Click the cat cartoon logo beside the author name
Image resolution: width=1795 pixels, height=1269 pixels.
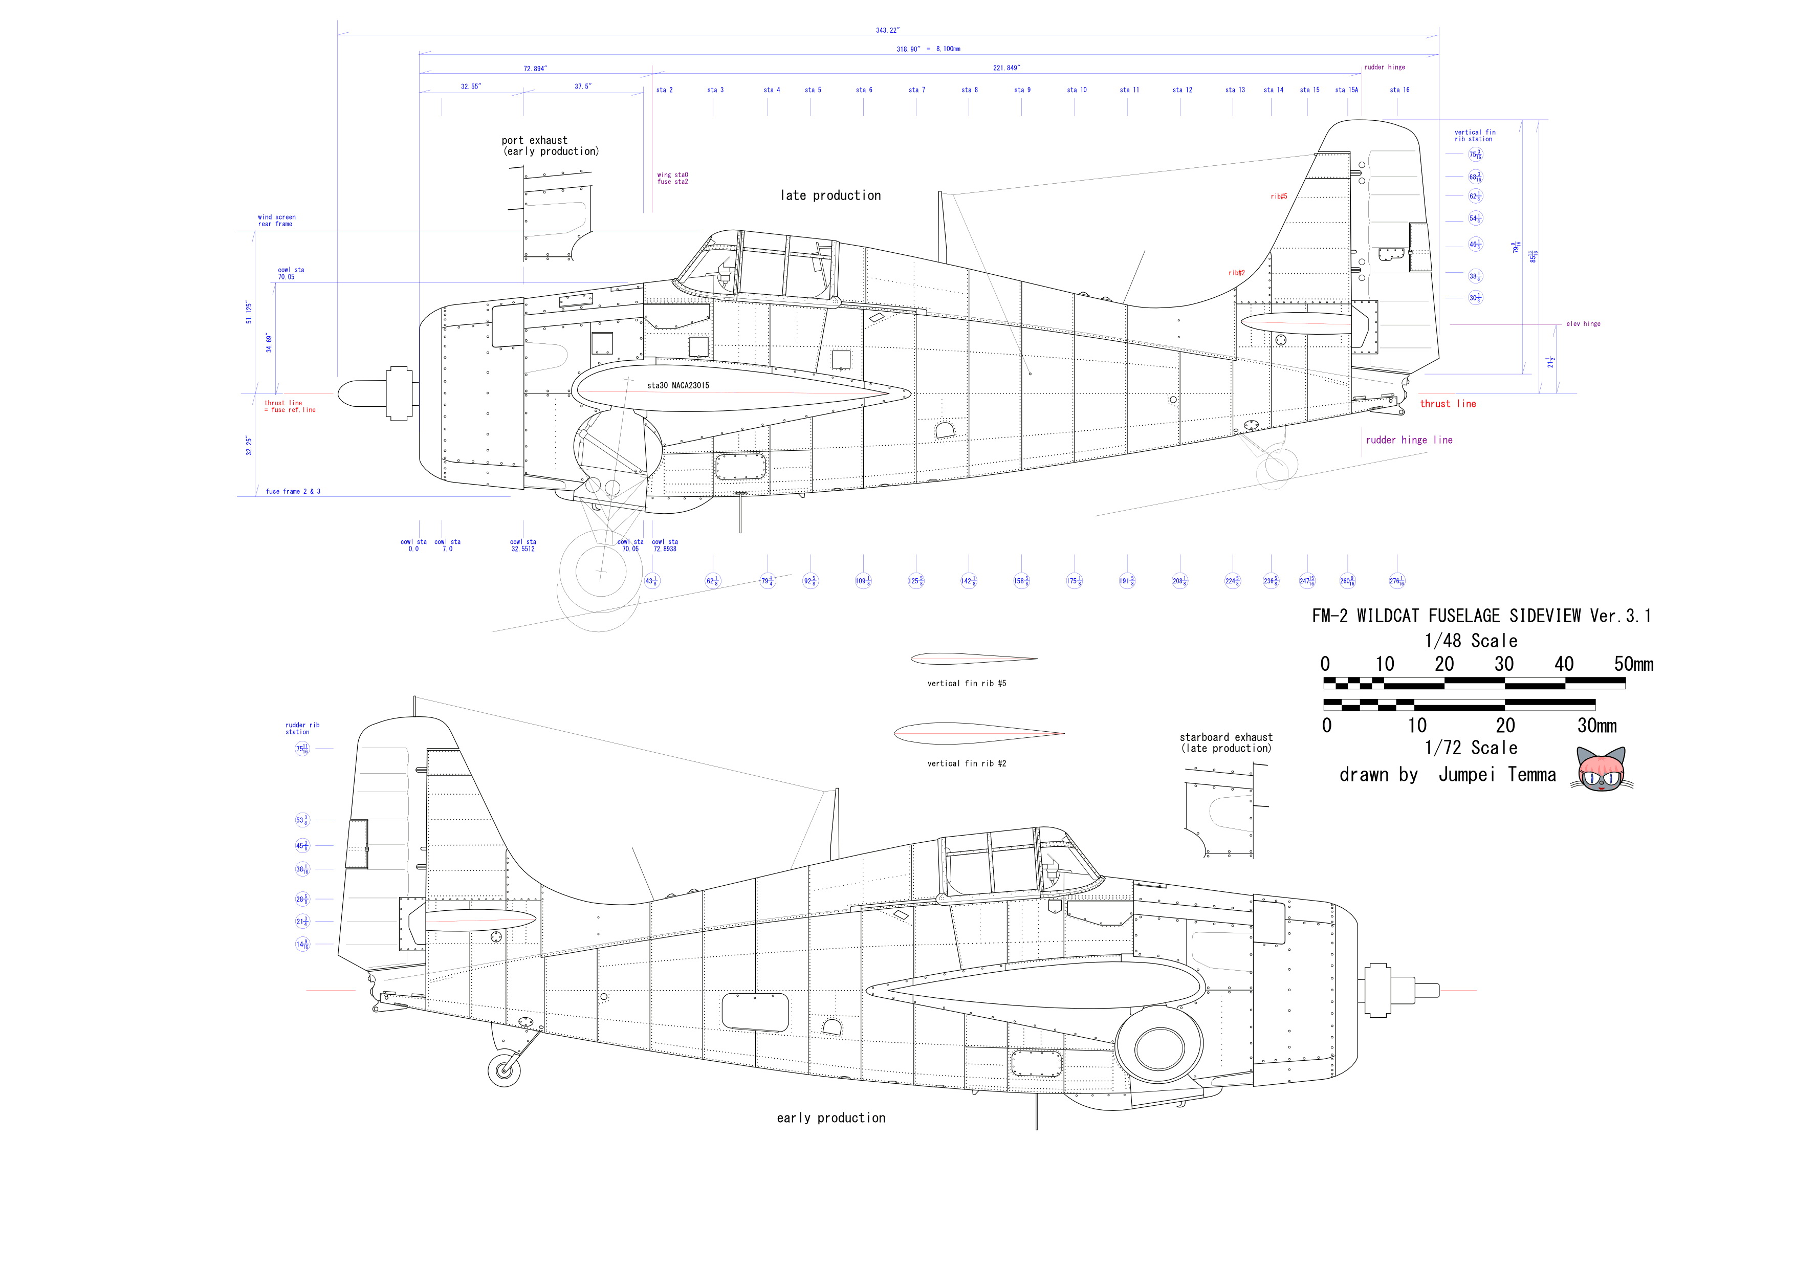click(1601, 770)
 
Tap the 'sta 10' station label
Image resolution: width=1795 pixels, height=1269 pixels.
click(1077, 90)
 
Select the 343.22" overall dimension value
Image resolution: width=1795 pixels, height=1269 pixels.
click(887, 31)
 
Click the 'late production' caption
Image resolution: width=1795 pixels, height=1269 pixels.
click(830, 195)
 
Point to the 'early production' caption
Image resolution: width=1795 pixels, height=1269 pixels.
click(831, 1118)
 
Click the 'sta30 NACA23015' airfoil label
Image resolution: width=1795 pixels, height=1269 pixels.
click(678, 385)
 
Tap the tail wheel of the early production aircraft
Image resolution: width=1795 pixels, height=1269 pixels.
click(504, 1069)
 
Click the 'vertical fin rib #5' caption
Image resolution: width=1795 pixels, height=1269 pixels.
click(966, 684)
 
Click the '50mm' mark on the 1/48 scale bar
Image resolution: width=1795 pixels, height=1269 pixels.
click(1633, 665)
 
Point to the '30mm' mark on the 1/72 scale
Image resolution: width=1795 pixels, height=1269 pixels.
click(1596, 726)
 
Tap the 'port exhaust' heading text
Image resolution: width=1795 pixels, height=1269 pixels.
click(535, 141)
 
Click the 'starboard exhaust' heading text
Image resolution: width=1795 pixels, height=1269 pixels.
click(1226, 737)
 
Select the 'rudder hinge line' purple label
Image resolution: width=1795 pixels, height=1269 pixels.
click(1409, 440)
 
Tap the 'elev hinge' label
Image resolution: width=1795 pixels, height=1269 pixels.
click(1583, 324)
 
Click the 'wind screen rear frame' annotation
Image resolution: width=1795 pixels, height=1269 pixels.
click(277, 221)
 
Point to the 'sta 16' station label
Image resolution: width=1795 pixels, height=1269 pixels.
click(1399, 90)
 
